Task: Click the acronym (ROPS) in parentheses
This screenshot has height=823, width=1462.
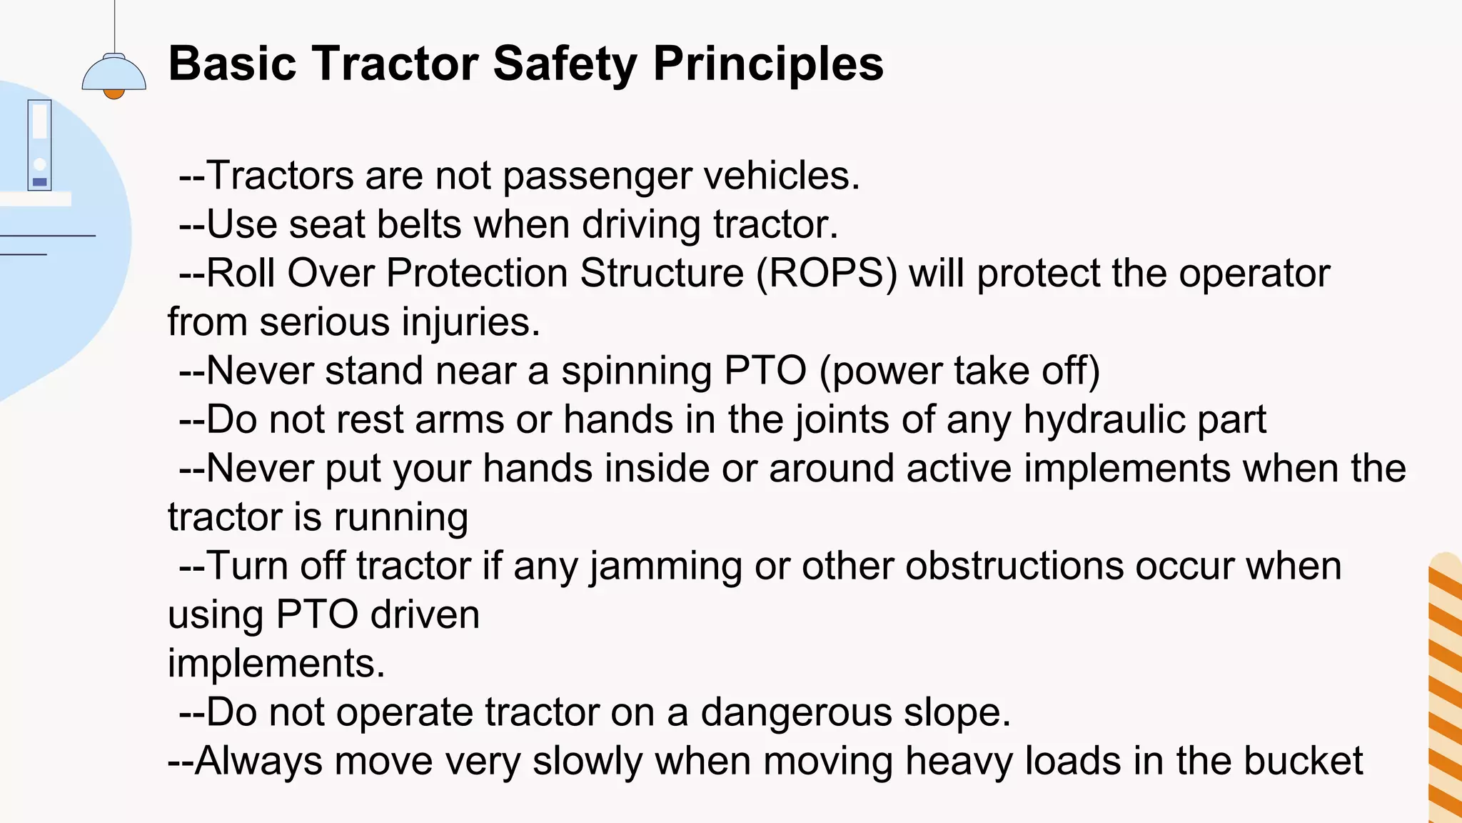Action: tap(827, 274)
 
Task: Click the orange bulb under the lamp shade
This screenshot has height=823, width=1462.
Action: tap(114, 94)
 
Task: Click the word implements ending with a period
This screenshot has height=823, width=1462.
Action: tap(276, 664)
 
